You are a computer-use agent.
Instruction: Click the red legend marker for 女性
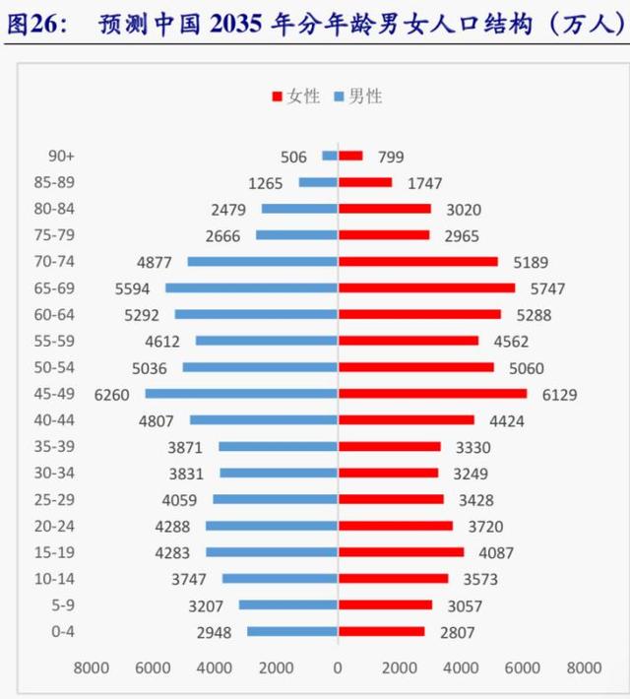point(277,96)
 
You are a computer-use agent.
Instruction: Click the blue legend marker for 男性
point(340,96)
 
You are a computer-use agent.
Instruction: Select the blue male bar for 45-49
point(241,394)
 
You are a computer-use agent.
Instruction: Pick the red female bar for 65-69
point(426,287)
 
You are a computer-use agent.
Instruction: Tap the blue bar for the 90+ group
point(330,156)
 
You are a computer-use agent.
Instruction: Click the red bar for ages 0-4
point(381,631)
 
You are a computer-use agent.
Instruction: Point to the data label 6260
point(113,394)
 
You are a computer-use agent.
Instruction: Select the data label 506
point(293,157)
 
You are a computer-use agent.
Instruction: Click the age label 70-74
point(67,261)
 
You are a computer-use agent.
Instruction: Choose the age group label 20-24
point(67,526)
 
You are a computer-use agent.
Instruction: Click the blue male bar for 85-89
point(318,182)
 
